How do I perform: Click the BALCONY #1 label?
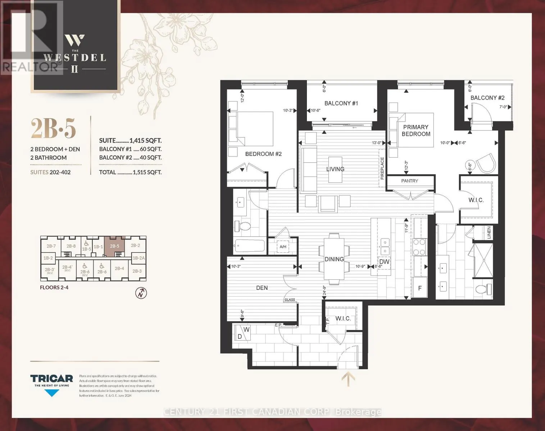341,103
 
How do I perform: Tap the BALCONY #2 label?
487,98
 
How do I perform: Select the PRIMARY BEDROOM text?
416,130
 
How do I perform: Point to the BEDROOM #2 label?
263,154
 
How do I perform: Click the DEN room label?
262,288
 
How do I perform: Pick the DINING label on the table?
334,259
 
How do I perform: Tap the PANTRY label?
410,181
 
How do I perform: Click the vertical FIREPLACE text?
382,168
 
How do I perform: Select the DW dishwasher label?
384,261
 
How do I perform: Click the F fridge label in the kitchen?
420,288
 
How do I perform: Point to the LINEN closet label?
489,233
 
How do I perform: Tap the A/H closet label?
283,247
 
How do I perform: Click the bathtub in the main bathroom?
249,246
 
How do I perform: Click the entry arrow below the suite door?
348,379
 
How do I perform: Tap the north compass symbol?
141,293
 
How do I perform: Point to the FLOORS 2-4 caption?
54,287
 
